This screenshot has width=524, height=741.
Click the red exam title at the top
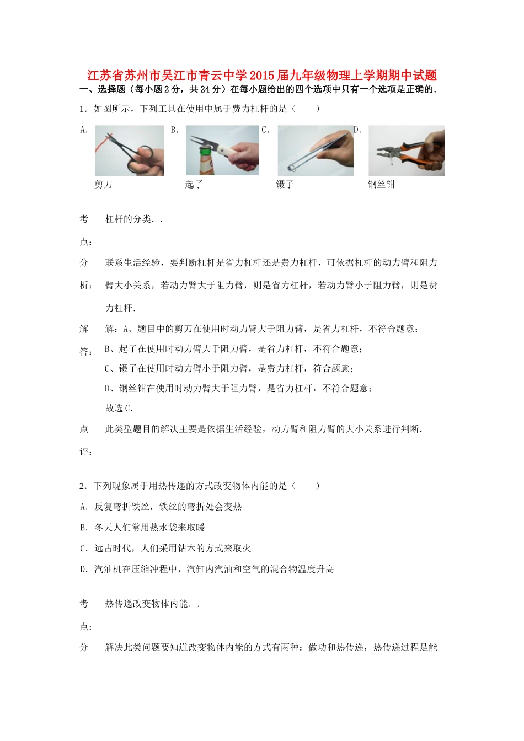coord(262,76)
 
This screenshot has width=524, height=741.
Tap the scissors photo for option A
coord(129,151)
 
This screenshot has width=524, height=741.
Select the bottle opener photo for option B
coord(222,151)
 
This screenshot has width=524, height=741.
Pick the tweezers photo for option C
coord(315,151)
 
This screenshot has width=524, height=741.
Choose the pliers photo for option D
coord(406,151)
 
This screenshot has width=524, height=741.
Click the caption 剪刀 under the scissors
coord(103,184)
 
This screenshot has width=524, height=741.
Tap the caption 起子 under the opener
coord(194,184)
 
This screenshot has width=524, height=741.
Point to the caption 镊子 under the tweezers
coord(285,184)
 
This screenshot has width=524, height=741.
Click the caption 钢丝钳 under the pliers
coord(381,184)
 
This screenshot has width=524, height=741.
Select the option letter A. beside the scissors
coord(84,130)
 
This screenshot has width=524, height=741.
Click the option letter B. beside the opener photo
coord(175,130)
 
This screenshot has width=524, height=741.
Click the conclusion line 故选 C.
coord(119,408)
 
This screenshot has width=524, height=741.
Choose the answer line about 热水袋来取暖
coord(149,528)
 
